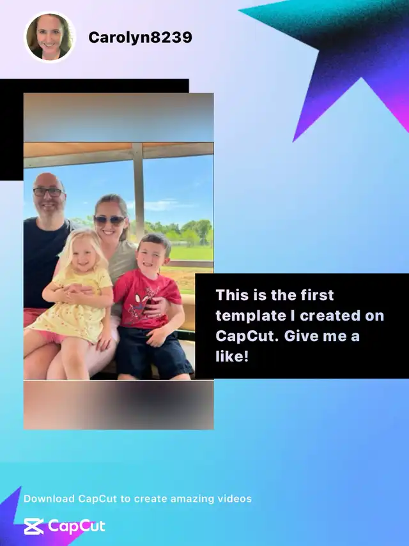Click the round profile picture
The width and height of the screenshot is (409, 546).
click(50, 37)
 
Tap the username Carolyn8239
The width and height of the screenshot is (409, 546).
click(140, 37)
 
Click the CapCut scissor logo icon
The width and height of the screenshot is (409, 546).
click(34, 526)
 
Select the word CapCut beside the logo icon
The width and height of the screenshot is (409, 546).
click(76, 526)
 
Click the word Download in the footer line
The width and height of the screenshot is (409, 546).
click(49, 499)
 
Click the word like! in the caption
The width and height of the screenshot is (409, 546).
click(232, 356)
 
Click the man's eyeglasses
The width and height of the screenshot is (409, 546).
click(49, 192)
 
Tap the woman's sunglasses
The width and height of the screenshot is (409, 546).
click(109, 220)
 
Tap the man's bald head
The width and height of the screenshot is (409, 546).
click(48, 181)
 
